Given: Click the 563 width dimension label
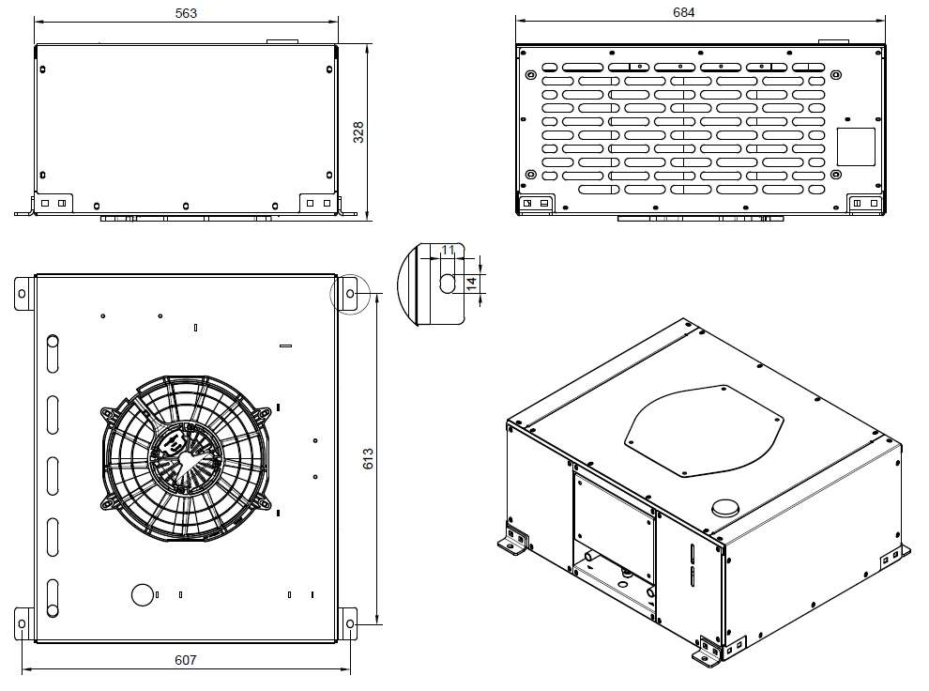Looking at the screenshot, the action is (186, 13).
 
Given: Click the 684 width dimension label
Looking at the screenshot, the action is (683, 12).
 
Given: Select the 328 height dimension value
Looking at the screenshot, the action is (358, 132).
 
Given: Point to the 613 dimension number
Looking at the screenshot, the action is (368, 459).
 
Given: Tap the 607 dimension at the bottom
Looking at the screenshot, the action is (186, 660).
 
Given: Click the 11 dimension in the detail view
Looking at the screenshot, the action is (448, 250).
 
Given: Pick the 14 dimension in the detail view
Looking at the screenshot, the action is (471, 284).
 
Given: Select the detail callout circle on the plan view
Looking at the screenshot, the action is (350, 274).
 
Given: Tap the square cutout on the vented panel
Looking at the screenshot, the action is (856, 146).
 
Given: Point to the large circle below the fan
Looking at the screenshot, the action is (143, 594).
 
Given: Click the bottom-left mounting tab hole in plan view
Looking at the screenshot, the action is (22, 623).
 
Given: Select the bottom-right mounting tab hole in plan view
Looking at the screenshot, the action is (350, 623).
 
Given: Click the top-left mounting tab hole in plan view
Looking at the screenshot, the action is (22, 293).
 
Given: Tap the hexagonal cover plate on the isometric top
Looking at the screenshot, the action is (705, 430).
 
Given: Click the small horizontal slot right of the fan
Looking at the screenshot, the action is (285, 345).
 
